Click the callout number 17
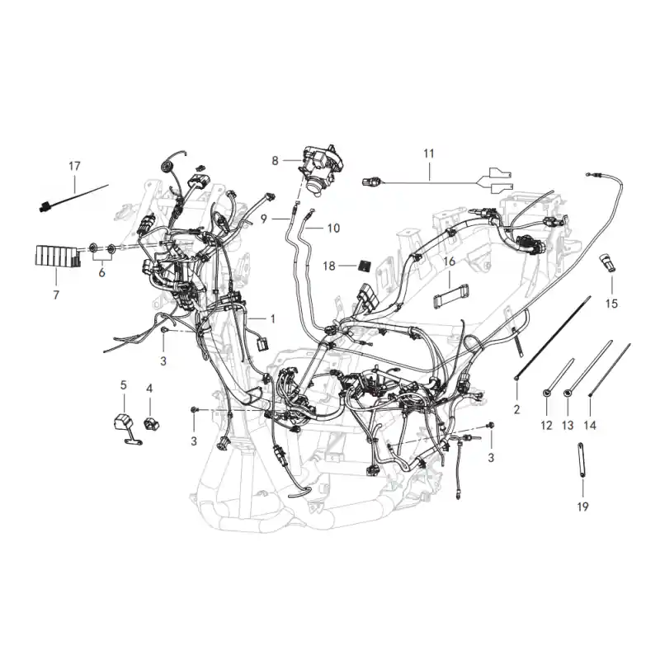(74, 167)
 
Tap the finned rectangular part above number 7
(57, 257)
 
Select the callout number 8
(275, 161)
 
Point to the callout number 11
(428, 153)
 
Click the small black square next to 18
(364, 266)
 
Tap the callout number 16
(450, 262)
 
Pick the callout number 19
(582, 507)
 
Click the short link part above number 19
(582, 460)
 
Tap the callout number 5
(123, 385)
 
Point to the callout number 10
(333, 229)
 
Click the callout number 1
(273, 319)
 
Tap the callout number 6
(101, 273)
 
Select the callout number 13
(568, 426)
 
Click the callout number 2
(517, 409)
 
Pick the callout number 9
(264, 219)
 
